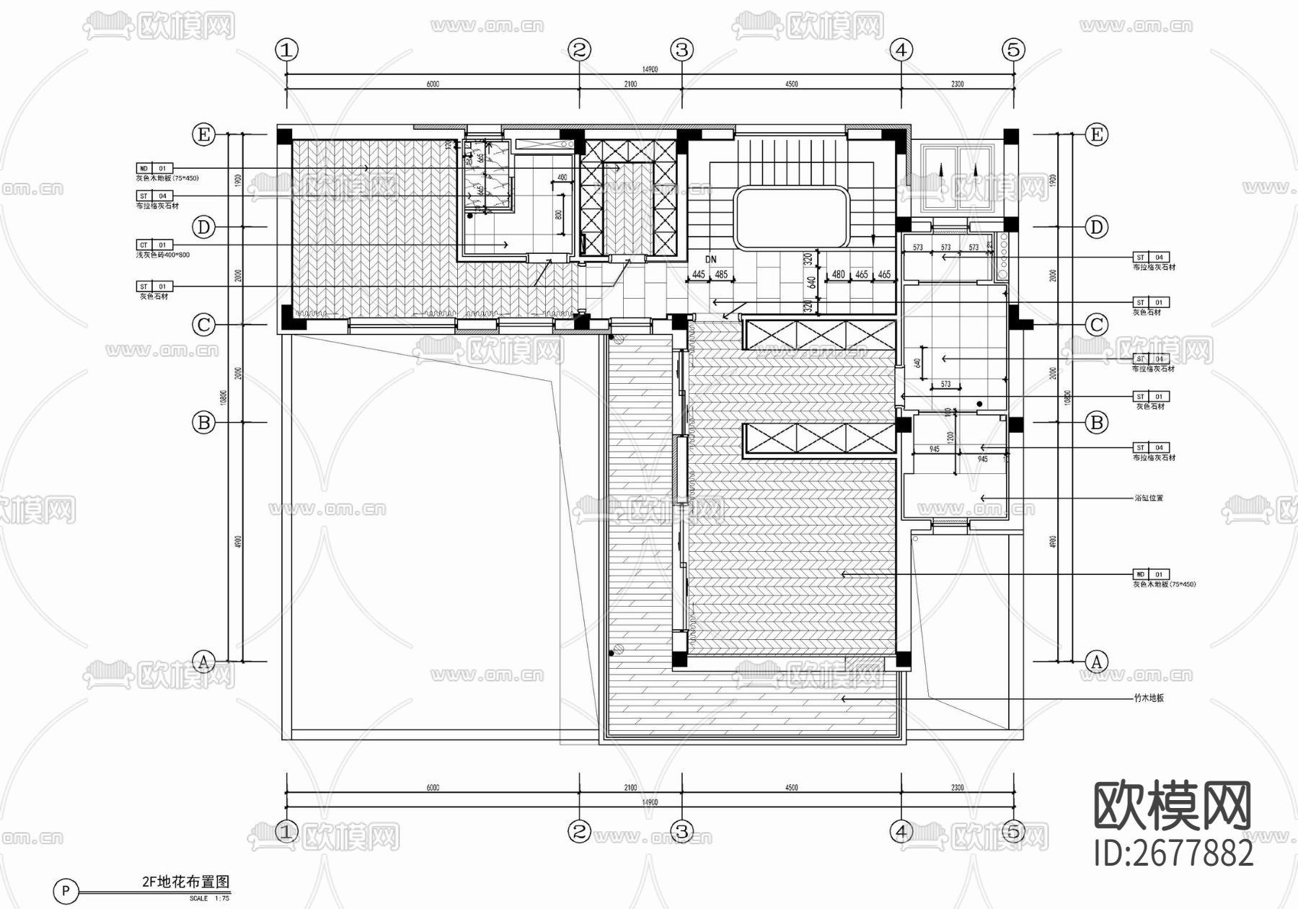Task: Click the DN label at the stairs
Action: (711, 259)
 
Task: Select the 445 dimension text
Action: (698, 274)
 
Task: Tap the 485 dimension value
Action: (721, 274)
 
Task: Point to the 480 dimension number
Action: (838, 274)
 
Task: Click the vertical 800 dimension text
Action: (558, 215)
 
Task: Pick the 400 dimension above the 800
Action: (562, 177)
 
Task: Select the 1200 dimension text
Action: (950, 438)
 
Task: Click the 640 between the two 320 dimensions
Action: (811, 283)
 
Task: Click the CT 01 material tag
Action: (154, 245)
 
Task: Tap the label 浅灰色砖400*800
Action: (163, 255)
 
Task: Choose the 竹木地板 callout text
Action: (1149, 698)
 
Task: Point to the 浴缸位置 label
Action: (1149, 498)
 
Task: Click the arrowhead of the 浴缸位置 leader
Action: (981, 498)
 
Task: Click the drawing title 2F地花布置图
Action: (185, 882)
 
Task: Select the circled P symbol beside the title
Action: (66, 891)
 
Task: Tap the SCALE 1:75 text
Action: (209, 898)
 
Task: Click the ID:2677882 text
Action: (1174, 853)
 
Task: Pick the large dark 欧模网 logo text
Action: (1173, 806)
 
